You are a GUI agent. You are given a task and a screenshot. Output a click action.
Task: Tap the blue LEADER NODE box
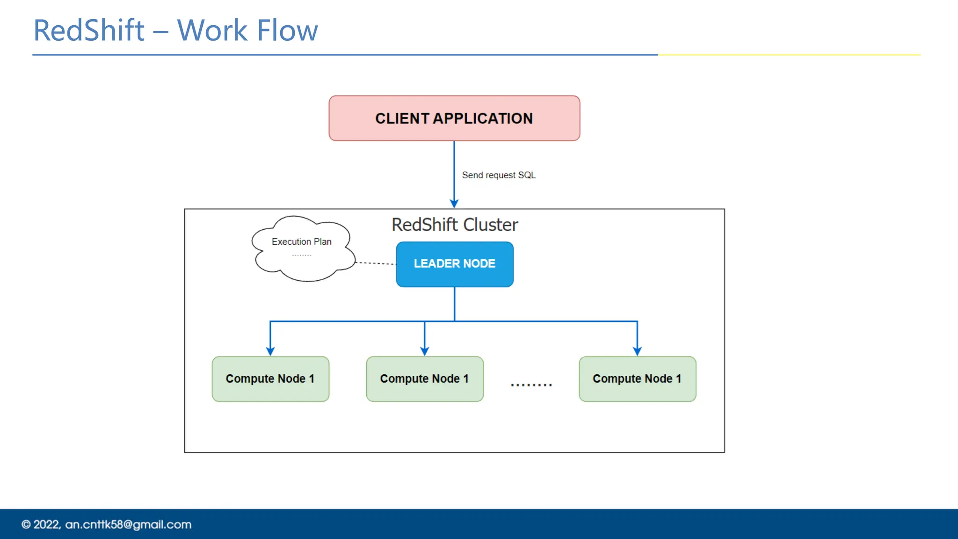tap(454, 264)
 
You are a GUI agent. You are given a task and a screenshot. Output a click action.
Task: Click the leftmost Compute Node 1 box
tap(270, 379)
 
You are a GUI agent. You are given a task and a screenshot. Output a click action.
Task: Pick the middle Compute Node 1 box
tap(424, 379)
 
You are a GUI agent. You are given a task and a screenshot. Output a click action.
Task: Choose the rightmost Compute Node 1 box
tap(637, 379)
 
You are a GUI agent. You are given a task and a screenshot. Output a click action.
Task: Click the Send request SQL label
tap(499, 175)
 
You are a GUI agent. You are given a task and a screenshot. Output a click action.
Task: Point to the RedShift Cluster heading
tap(455, 225)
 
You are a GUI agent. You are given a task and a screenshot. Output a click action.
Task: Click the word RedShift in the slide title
tap(89, 31)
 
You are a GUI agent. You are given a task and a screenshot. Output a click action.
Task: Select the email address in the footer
tap(128, 524)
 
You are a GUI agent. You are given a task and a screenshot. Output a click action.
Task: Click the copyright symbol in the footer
tap(26, 524)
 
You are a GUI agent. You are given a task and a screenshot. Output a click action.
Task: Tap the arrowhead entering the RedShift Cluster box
tap(454, 204)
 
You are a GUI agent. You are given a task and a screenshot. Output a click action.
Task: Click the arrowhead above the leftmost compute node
tap(270, 351)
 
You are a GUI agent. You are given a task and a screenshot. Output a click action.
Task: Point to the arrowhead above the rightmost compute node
tap(637, 351)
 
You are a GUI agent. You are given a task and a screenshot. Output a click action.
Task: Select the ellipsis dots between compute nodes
tap(531, 385)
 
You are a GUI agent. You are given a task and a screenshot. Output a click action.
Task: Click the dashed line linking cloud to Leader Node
tap(376, 263)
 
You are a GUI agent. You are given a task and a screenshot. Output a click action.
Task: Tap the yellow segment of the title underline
tap(789, 55)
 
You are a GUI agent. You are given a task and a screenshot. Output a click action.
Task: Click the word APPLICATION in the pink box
tap(482, 118)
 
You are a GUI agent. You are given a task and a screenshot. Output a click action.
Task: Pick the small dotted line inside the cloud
tap(302, 255)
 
